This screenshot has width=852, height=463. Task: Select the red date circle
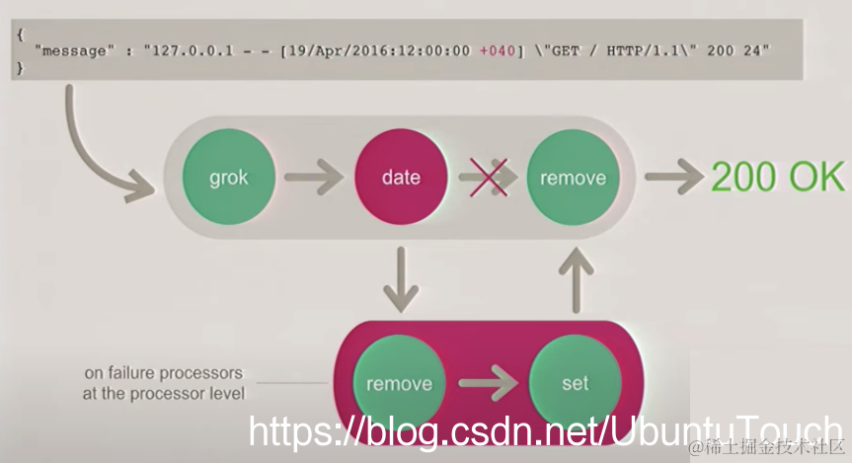point(400,178)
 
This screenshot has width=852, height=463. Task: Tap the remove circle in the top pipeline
point(573,178)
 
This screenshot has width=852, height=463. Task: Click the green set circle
point(575,382)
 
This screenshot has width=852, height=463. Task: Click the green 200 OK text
point(777,178)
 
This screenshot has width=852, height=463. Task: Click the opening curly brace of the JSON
point(19,33)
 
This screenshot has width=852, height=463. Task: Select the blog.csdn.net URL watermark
point(543,432)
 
